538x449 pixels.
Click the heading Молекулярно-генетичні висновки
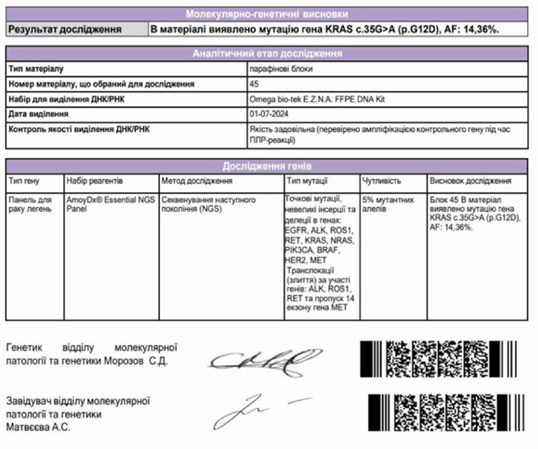(267, 14)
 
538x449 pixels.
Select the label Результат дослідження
(65, 29)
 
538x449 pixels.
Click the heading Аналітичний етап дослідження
(267, 53)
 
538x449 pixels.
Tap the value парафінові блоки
(281, 69)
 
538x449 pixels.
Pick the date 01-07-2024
(269, 114)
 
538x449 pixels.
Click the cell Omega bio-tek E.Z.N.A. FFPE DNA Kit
(317, 99)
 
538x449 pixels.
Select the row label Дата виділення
(38, 114)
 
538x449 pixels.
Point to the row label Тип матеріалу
(36, 69)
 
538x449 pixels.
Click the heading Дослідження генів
(267, 166)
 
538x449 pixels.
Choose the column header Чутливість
(381, 181)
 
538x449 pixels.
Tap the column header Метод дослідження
(197, 181)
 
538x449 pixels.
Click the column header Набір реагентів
(94, 181)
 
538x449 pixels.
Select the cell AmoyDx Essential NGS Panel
(110, 204)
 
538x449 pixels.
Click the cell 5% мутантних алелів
(388, 204)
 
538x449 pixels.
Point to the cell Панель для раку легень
(30, 204)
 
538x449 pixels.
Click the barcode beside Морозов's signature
(438, 359)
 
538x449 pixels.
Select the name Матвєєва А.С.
(38, 427)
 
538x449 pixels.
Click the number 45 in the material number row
(254, 84)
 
